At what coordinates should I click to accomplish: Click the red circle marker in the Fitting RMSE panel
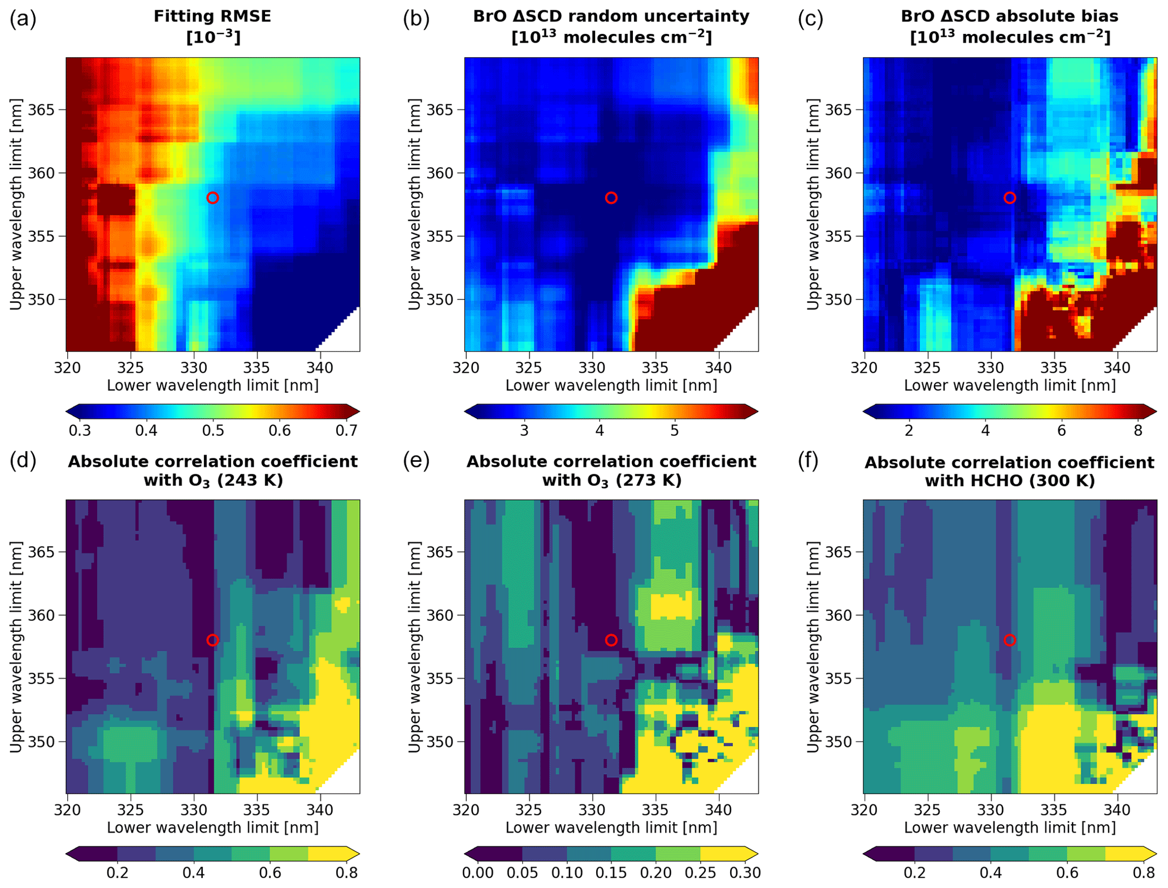click(212, 198)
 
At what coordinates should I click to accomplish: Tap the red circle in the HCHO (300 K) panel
click(1010, 640)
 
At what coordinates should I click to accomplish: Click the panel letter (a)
click(23, 19)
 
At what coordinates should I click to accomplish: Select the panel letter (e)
click(416, 461)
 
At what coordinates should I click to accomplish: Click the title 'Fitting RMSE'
click(212, 16)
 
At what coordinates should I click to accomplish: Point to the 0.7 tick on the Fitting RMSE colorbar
click(346, 431)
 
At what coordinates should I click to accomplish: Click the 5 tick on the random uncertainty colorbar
click(675, 431)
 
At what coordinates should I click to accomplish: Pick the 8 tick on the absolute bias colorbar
click(1138, 431)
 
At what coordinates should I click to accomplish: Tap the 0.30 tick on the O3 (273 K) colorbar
click(745, 873)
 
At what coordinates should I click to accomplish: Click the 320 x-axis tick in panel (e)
click(466, 810)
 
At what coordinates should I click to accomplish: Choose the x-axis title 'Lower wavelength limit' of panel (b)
click(611, 385)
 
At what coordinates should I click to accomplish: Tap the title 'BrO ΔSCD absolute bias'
click(1009, 16)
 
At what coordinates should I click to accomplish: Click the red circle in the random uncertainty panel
click(611, 198)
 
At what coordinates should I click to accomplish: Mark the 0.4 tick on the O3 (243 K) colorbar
click(193, 873)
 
